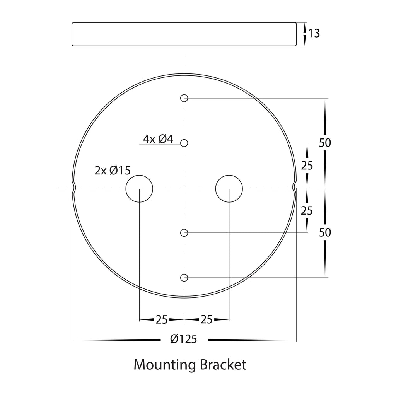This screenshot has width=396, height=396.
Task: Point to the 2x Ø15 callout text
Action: click(113, 171)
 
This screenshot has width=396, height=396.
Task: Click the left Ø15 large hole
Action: click(139, 188)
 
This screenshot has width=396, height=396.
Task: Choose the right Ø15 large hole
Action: click(229, 188)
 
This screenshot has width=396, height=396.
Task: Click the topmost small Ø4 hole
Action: click(184, 98)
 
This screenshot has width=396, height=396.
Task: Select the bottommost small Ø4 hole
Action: click(184, 278)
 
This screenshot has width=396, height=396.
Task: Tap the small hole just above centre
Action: click(184, 143)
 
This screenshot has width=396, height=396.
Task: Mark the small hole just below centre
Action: click(184, 233)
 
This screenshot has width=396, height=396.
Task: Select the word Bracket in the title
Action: click(223, 365)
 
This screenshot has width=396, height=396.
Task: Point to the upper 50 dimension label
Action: click(325, 143)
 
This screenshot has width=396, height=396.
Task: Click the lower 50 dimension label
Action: click(325, 233)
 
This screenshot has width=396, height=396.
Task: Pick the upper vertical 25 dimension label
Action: click(307, 166)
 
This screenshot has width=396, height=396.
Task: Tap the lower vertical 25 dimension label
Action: click(307, 211)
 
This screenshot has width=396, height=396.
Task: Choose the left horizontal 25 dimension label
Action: click(162, 319)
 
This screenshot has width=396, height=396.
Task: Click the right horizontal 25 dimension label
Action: click(207, 319)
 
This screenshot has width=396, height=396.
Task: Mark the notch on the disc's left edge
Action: click(74, 188)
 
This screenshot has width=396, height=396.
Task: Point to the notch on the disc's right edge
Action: click(294, 188)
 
